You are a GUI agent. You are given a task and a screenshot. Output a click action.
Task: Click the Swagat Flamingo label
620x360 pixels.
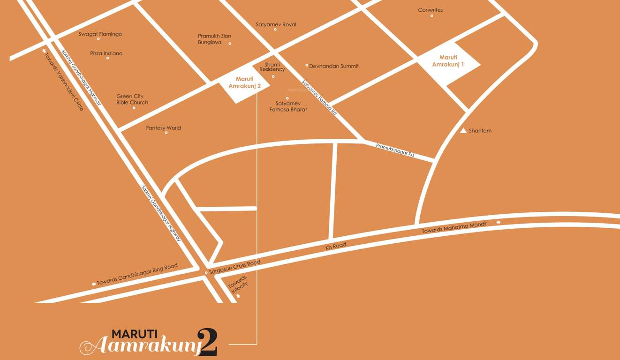100,34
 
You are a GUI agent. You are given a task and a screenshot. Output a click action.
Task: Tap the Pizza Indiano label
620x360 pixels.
106,53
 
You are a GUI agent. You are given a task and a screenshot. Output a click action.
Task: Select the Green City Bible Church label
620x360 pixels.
132,99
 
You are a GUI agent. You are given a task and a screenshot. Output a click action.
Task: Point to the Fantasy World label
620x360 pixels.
163,128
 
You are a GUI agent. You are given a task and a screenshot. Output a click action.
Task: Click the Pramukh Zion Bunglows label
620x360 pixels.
214,39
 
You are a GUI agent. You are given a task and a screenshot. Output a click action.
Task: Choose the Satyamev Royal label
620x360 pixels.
276,25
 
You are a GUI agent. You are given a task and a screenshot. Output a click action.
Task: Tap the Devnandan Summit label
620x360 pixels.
334,66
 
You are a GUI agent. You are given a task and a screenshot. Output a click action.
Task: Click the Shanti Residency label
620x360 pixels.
272,67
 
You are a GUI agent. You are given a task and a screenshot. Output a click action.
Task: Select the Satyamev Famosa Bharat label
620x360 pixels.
288,106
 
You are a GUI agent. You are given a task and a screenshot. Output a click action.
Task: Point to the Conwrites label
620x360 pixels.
430,10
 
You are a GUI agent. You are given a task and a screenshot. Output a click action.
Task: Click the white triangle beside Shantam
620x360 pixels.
463,130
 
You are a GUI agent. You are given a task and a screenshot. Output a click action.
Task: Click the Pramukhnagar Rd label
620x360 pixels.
395,150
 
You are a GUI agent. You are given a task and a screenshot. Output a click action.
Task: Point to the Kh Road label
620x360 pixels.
336,246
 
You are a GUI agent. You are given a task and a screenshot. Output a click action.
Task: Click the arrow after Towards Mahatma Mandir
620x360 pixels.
499,222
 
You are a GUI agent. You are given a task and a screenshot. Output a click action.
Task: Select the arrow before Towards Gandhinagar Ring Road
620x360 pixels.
94,284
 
